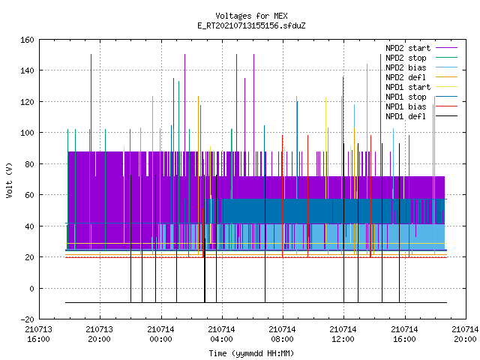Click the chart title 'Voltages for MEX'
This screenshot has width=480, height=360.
click(251, 16)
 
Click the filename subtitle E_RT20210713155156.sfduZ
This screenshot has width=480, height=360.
click(251, 25)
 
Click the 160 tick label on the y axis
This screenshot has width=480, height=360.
click(27, 40)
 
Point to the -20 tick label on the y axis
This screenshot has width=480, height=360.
click(27, 319)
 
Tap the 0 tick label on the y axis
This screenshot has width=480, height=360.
click(31, 288)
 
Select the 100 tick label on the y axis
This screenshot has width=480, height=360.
click(27, 133)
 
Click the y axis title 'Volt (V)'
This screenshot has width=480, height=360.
click(9, 180)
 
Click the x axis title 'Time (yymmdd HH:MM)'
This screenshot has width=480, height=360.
click(251, 353)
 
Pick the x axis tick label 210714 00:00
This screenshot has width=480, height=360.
click(160, 334)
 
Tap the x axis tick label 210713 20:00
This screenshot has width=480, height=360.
click(100, 334)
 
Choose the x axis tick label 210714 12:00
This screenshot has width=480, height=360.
click(343, 334)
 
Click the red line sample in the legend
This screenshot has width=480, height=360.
click(447, 106)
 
